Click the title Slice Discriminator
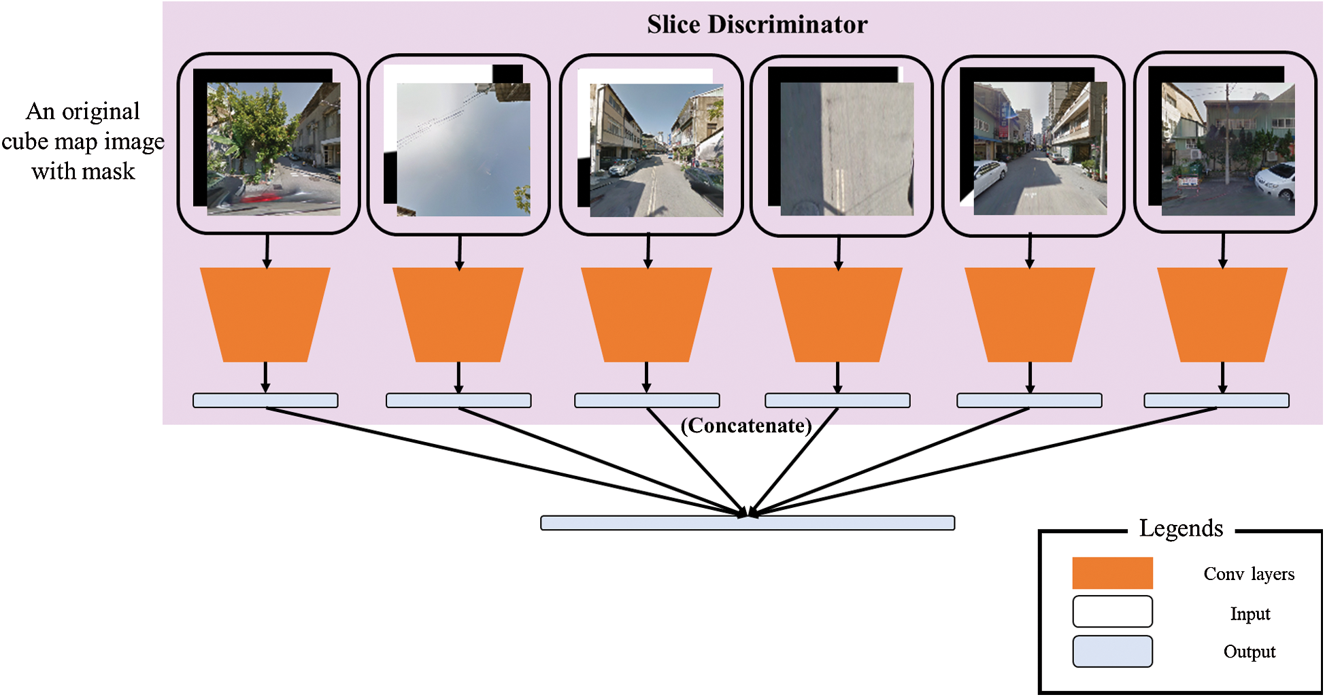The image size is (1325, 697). tap(756, 25)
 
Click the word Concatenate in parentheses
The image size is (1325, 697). tap(746, 426)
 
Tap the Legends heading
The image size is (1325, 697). tap(1181, 528)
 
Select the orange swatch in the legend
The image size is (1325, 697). tap(1112, 573)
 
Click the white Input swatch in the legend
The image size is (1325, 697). tap(1112, 611)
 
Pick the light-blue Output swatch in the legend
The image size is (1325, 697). tap(1112, 651)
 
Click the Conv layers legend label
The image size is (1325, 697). tap(1249, 574)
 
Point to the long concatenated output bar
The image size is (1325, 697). tap(747, 523)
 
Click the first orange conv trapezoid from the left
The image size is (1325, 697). tap(265, 314)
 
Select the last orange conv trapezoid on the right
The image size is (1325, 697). tap(1222, 314)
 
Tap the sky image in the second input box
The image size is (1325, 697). tap(463, 150)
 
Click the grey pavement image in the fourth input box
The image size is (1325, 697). tap(846, 150)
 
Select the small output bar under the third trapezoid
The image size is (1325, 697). tap(646, 401)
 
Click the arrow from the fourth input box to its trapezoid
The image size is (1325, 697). tap(838, 252)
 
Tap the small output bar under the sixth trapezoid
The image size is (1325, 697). tap(1216, 401)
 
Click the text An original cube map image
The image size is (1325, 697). tap(83, 126)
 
